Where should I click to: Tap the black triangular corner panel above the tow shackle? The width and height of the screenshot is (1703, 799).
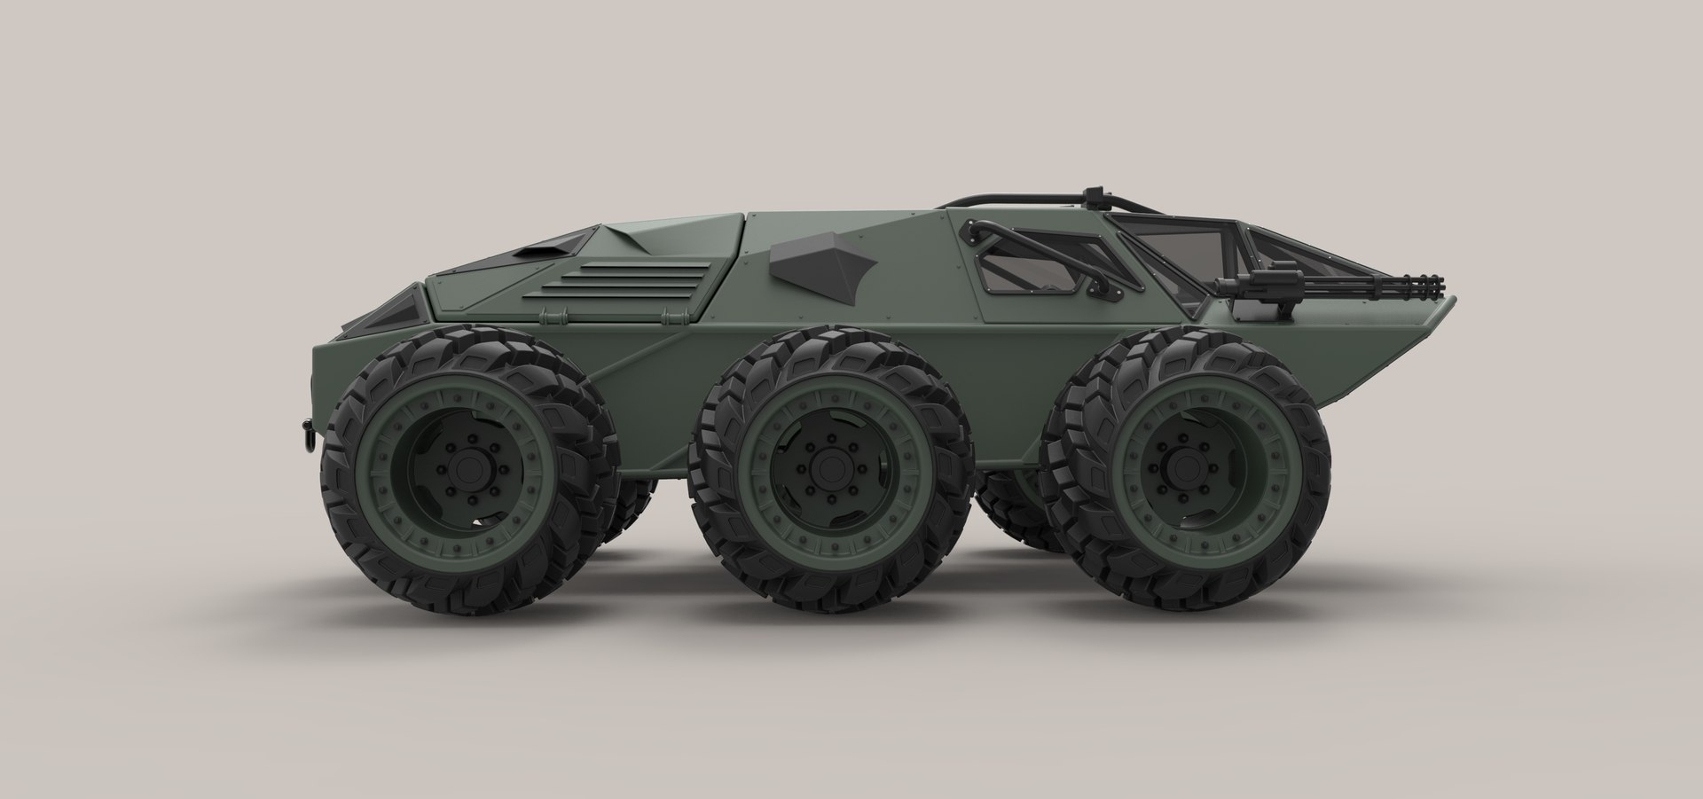(396, 306)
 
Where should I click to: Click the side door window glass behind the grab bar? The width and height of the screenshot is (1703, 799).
(1033, 266)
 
